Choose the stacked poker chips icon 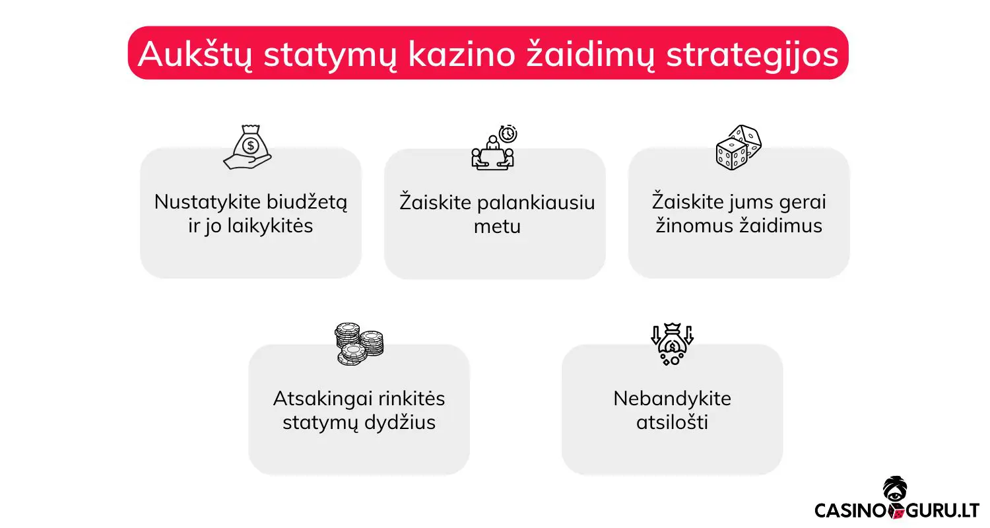[359, 344]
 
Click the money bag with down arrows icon [672, 344]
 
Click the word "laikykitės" [269, 226]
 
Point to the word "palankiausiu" [537, 202]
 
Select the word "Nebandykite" [672, 399]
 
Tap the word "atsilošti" [672, 422]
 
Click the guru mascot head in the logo [896, 490]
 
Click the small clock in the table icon [508, 134]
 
